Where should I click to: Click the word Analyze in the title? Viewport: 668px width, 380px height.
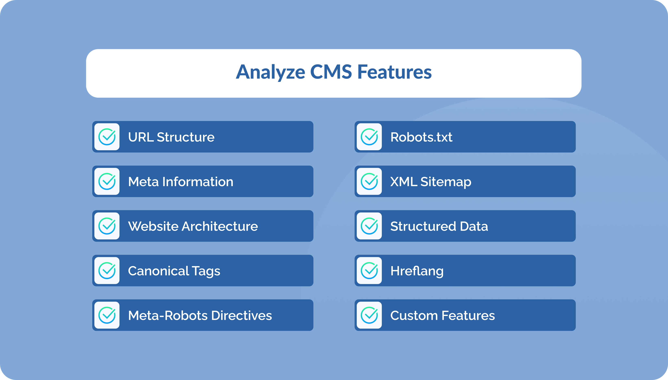[270, 72]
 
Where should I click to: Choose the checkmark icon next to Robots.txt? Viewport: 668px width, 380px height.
[369, 137]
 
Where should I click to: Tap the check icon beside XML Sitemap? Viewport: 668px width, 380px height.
[369, 181]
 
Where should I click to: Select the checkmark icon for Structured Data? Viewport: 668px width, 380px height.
[369, 226]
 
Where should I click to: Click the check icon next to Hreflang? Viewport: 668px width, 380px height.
[369, 271]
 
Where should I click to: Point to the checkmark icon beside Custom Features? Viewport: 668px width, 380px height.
[369, 315]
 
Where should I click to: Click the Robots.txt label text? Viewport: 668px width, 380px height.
[421, 137]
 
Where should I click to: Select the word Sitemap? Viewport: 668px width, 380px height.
[446, 182]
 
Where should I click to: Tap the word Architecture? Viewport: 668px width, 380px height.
[220, 226]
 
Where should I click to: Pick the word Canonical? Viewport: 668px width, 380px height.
[158, 271]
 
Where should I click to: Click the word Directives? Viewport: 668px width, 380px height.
[241, 316]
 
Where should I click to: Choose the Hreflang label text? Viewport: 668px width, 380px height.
[417, 271]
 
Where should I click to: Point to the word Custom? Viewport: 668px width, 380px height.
[414, 316]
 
